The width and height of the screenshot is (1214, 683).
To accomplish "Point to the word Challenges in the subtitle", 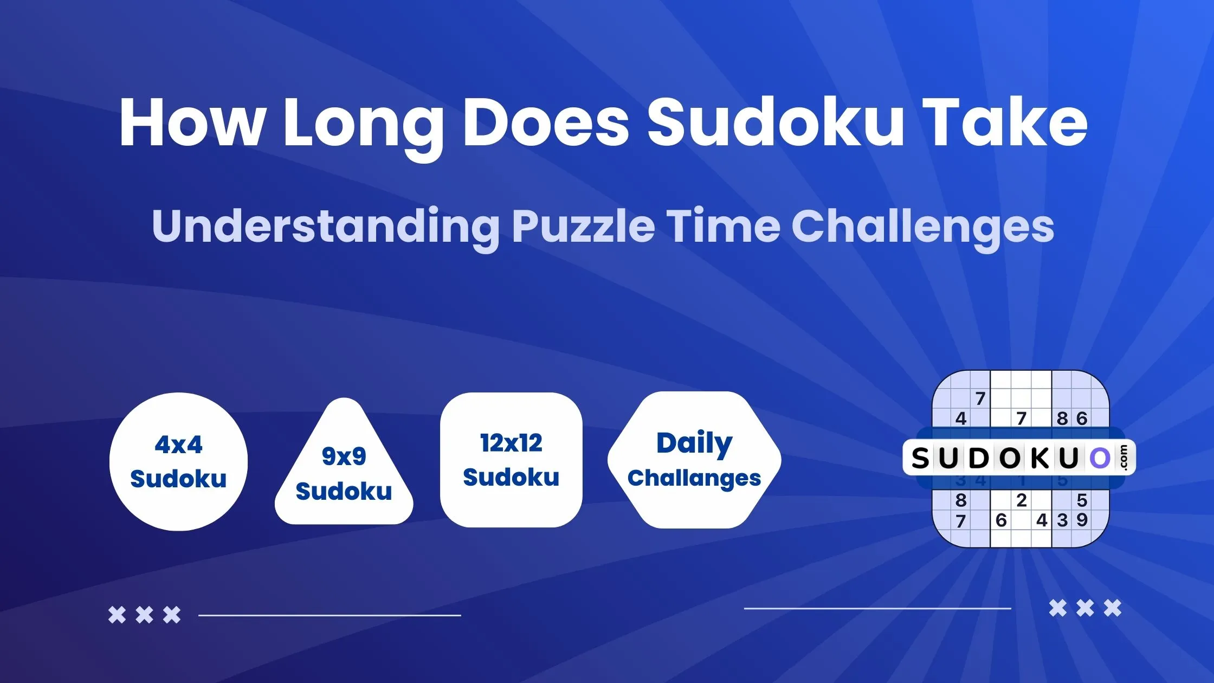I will (922, 227).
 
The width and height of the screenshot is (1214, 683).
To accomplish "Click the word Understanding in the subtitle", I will (325, 227).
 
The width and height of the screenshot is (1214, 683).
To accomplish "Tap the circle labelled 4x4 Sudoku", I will (178, 462).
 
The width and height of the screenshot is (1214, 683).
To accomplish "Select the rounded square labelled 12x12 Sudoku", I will (511, 460).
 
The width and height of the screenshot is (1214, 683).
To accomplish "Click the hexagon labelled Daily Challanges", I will (694, 460).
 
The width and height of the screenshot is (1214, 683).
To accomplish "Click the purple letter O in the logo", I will (1099, 459).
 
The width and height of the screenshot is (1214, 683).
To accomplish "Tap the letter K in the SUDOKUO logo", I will (1039, 459).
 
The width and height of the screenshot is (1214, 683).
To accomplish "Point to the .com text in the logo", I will (1123, 458).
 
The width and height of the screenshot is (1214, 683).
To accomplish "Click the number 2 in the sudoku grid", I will (1022, 500).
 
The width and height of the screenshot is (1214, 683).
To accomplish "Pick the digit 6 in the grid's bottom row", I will (1001, 520).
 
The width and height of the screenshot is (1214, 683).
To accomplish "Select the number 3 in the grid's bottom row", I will (1062, 520).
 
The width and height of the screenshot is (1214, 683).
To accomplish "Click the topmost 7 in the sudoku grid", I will (980, 398).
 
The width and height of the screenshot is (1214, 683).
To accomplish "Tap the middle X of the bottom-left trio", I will (144, 615).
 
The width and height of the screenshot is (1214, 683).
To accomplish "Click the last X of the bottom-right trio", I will (1113, 608).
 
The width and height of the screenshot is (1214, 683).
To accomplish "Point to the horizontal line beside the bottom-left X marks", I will (330, 615).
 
